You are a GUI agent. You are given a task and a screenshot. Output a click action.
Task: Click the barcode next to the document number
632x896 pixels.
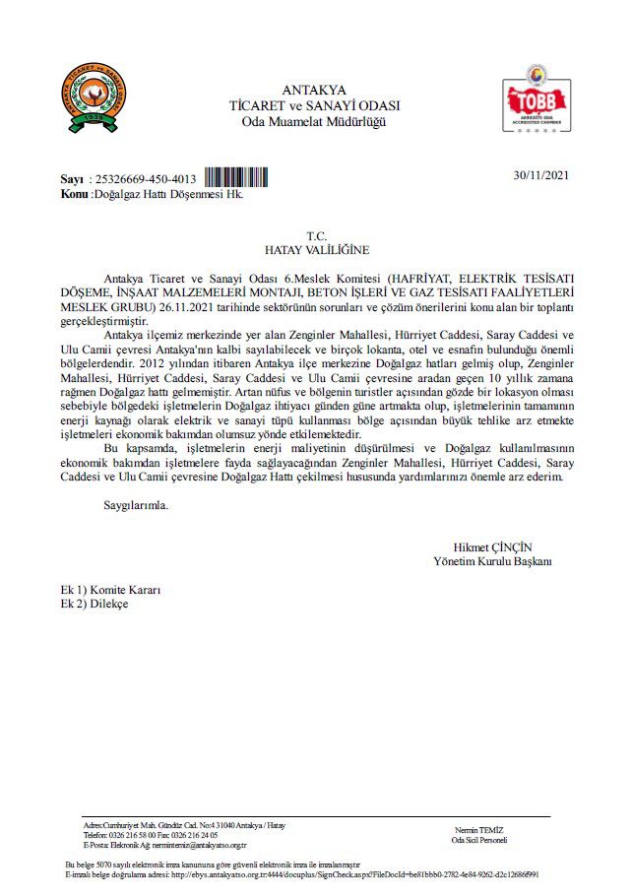click(x=235, y=178)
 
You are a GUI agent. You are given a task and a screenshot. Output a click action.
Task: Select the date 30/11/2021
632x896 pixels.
click(x=541, y=175)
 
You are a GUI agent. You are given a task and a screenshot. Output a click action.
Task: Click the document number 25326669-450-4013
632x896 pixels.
click(x=146, y=180)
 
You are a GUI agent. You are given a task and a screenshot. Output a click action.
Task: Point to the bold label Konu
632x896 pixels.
click(x=74, y=194)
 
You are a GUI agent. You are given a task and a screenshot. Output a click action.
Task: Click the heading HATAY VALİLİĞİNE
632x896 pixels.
click(x=316, y=250)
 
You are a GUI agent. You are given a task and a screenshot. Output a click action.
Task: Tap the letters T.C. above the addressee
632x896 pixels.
click(x=316, y=236)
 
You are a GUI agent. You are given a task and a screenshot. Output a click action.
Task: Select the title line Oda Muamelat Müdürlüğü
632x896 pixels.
click(x=314, y=121)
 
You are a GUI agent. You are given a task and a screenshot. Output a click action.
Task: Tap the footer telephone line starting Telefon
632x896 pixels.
click(x=151, y=834)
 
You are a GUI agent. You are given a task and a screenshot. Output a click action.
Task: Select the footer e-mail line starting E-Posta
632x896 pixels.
click(x=165, y=845)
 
